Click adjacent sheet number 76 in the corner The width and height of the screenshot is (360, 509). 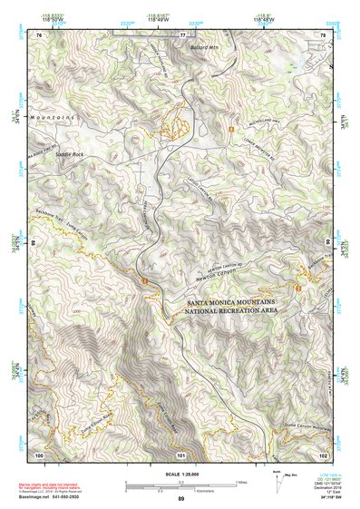pyautogui.click(x=39, y=34)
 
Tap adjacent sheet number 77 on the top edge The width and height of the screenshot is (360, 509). pyautogui.click(x=182, y=34)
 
